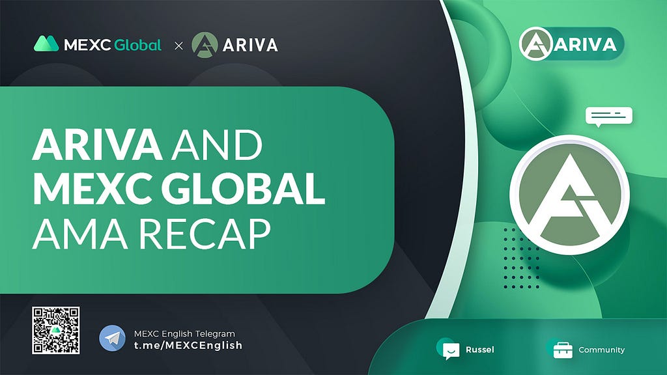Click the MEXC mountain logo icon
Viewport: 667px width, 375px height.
(46, 44)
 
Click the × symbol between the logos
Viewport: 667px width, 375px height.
(178, 46)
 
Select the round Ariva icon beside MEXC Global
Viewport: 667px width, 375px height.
(205, 45)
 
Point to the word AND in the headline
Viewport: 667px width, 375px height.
(216, 145)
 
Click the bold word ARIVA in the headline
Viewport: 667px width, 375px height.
(98, 145)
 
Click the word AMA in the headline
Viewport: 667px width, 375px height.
(80, 234)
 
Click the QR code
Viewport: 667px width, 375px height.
(56, 330)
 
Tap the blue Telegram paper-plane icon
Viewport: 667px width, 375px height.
(112, 338)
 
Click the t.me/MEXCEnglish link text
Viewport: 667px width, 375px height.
(188, 345)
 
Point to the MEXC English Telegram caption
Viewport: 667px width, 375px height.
(184, 334)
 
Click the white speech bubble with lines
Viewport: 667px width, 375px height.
(609, 116)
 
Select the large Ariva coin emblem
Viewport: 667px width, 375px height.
(569, 195)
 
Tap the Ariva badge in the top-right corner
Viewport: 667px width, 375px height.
(572, 44)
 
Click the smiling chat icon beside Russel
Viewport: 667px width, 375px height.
(450, 350)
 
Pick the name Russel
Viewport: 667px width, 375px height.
(480, 350)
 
